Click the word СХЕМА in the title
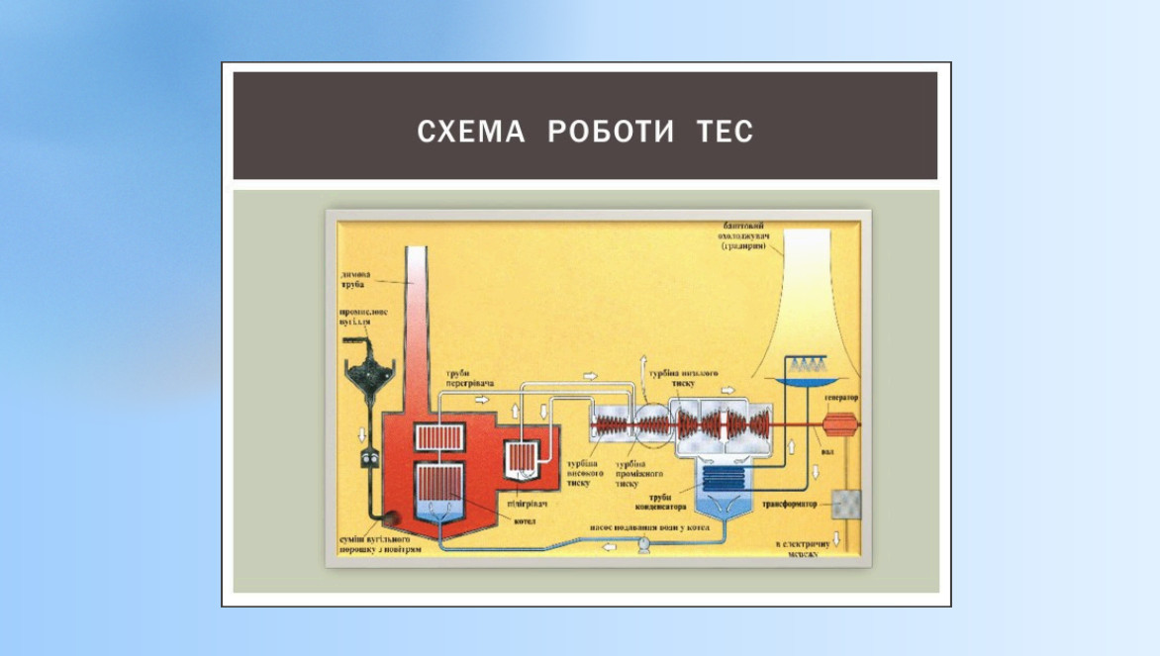click(x=470, y=132)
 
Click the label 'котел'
click(x=525, y=520)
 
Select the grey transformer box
click(x=846, y=505)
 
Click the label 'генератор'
click(x=839, y=398)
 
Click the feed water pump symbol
click(x=644, y=544)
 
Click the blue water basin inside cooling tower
click(x=806, y=380)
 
